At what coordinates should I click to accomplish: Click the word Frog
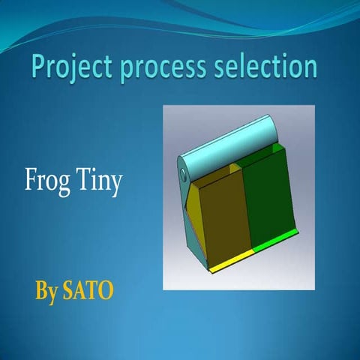(x=46, y=182)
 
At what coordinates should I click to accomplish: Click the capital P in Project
(x=40, y=67)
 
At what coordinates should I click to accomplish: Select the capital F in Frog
(x=31, y=182)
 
